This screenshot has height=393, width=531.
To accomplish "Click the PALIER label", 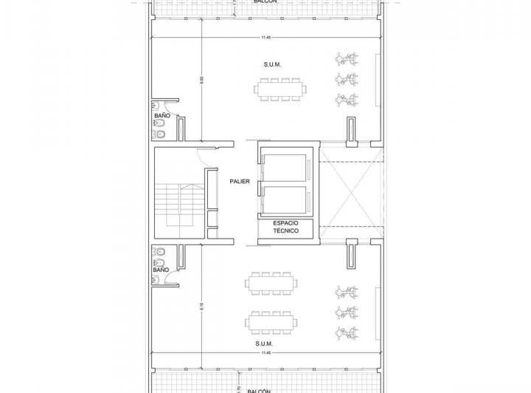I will click(x=238, y=180).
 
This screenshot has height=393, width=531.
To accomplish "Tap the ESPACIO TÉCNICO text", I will click(x=285, y=227).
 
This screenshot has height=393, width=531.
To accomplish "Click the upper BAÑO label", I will click(x=162, y=116).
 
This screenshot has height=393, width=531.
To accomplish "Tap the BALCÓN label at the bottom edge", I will click(x=259, y=390).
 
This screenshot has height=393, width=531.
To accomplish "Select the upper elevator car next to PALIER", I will click(x=285, y=168).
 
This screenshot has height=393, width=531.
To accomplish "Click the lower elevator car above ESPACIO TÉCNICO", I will click(x=285, y=199).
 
